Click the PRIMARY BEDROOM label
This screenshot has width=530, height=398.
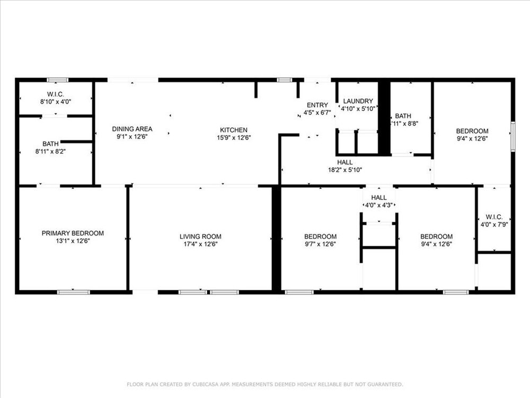tap(73, 233)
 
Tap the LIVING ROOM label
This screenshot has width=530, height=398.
tap(200, 237)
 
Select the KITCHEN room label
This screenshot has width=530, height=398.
tap(234, 130)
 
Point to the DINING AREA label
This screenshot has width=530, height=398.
tap(132, 129)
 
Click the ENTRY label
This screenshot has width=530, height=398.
tap(317, 105)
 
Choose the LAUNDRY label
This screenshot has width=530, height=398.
tap(358, 101)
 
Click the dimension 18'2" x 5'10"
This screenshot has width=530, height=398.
tap(345, 170)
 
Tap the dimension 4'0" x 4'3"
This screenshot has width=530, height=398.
tap(379, 205)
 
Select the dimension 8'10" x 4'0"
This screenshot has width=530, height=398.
tap(56, 101)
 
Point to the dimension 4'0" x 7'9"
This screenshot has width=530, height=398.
tap(494, 224)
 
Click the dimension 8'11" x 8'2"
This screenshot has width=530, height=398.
tap(50, 152)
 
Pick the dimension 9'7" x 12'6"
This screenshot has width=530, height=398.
tap(320, 244)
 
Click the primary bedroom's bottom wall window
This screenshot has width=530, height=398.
tap(74, 292)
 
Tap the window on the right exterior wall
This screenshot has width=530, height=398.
tap(513, 136)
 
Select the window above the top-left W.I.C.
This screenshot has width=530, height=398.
tap(57, 80)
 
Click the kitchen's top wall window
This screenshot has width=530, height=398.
tap(284, 80)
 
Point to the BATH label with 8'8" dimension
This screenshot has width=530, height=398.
tap(403, 116)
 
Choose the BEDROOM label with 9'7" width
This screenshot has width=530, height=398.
tap(320, 237)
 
